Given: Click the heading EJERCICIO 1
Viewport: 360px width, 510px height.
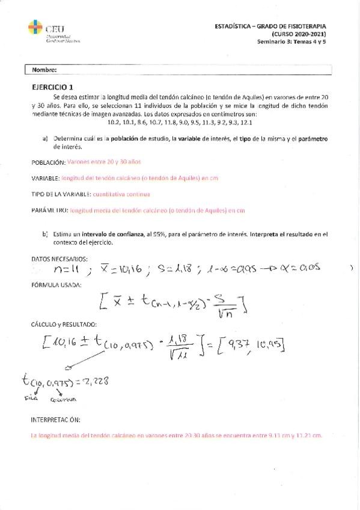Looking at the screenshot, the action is (53, 87).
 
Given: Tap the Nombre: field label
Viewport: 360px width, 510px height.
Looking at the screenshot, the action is (45, 69).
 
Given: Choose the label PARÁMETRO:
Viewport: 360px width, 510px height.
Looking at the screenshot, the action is (49, 210).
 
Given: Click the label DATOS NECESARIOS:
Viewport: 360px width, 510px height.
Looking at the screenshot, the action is (59, 259).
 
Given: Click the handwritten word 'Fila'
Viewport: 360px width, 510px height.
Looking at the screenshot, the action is (30, 398).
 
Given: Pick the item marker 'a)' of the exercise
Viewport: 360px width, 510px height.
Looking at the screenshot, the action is (45, 138).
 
